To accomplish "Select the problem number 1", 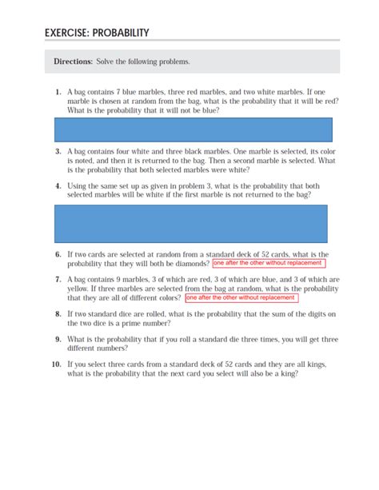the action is (58, 92).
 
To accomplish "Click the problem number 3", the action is (58, 150).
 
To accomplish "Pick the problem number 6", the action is (58, 254).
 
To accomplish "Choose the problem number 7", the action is (58, 280).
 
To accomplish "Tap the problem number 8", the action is (58, 314).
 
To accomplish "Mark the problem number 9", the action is (58, 339).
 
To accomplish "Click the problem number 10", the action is (56, 364).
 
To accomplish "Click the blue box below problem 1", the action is (192, 128).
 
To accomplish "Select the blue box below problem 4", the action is (190, 223).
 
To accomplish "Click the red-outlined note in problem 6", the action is (270, 263).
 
